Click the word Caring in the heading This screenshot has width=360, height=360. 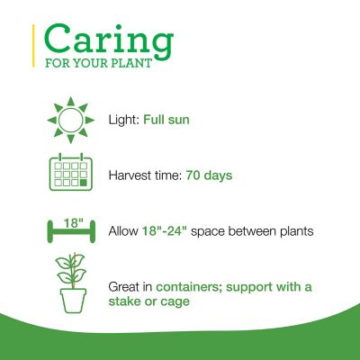point(107,40)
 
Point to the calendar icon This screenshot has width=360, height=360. point(68,174)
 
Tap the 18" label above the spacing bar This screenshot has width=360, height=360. point(68,220)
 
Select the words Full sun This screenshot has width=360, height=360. point(167,120)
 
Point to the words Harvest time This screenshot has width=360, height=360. point(144,175)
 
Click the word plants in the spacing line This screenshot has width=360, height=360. point(292,231)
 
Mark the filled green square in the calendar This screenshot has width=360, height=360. point(83,184)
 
